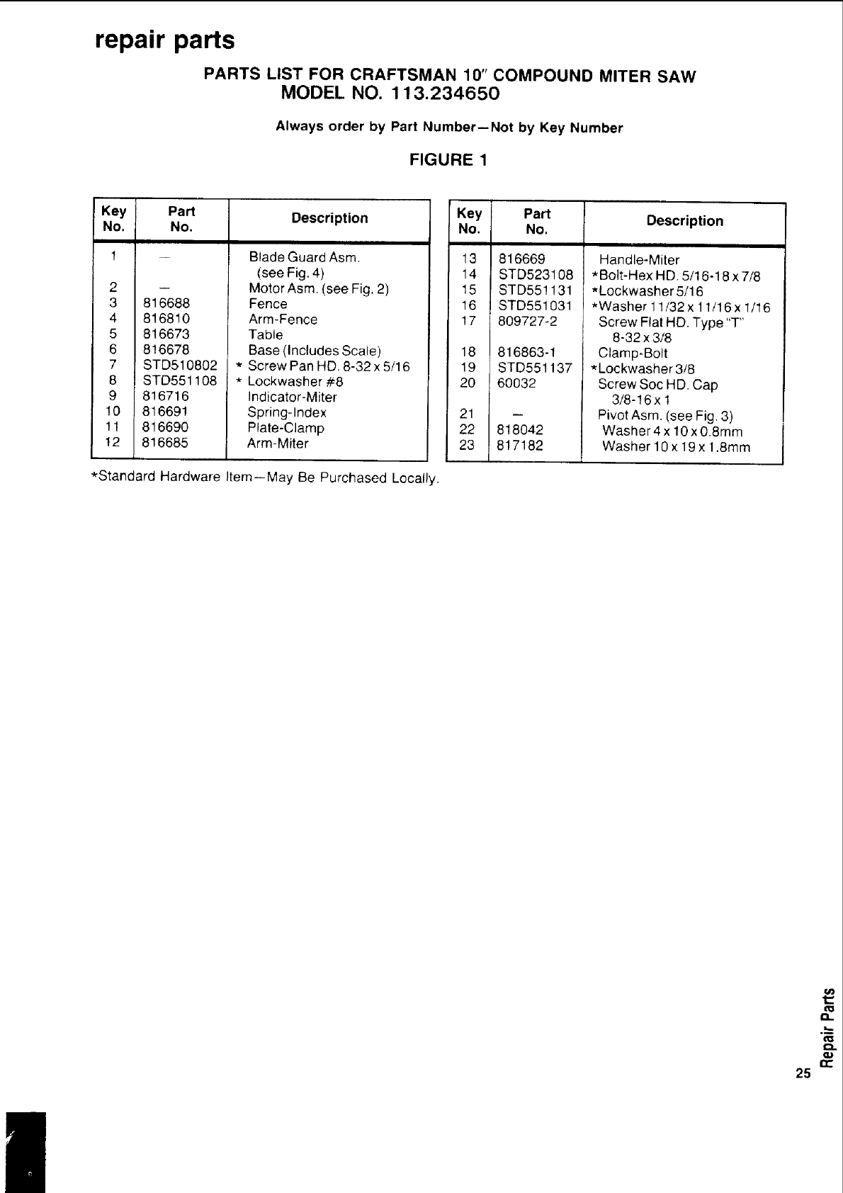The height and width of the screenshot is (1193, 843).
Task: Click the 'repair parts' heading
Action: [x=165, y=40]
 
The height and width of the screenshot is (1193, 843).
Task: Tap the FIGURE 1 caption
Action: [x=448, y=159]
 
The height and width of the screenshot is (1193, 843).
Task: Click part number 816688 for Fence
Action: [x=166, y=304]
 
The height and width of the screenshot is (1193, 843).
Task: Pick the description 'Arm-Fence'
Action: [x=283, y=320]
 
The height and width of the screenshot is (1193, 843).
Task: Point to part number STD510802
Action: [x=180, y=366]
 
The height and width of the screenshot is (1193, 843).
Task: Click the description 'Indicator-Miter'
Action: [x=292, y=397]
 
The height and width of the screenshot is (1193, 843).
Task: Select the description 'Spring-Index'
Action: [x=287, y=412]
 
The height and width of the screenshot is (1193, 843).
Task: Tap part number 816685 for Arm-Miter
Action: [x=165, y=443]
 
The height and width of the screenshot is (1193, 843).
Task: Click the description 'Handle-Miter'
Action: [x=639, y=260]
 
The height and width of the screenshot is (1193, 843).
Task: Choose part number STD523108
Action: [x=536, y=275]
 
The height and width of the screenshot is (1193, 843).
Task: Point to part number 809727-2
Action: [x=528, y=322]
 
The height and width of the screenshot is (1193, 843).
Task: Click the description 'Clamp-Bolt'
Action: [x=633, y=353]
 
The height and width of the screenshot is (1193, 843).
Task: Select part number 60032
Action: [x=517, y=383]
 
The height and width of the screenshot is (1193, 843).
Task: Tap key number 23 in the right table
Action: [x=467, y=446]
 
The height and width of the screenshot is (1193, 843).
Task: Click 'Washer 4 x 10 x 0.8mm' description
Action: [x=672, y=431]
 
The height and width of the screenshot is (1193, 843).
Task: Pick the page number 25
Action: [x=803, y=1073]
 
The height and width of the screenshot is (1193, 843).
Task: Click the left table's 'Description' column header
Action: [x=329, y=218]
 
